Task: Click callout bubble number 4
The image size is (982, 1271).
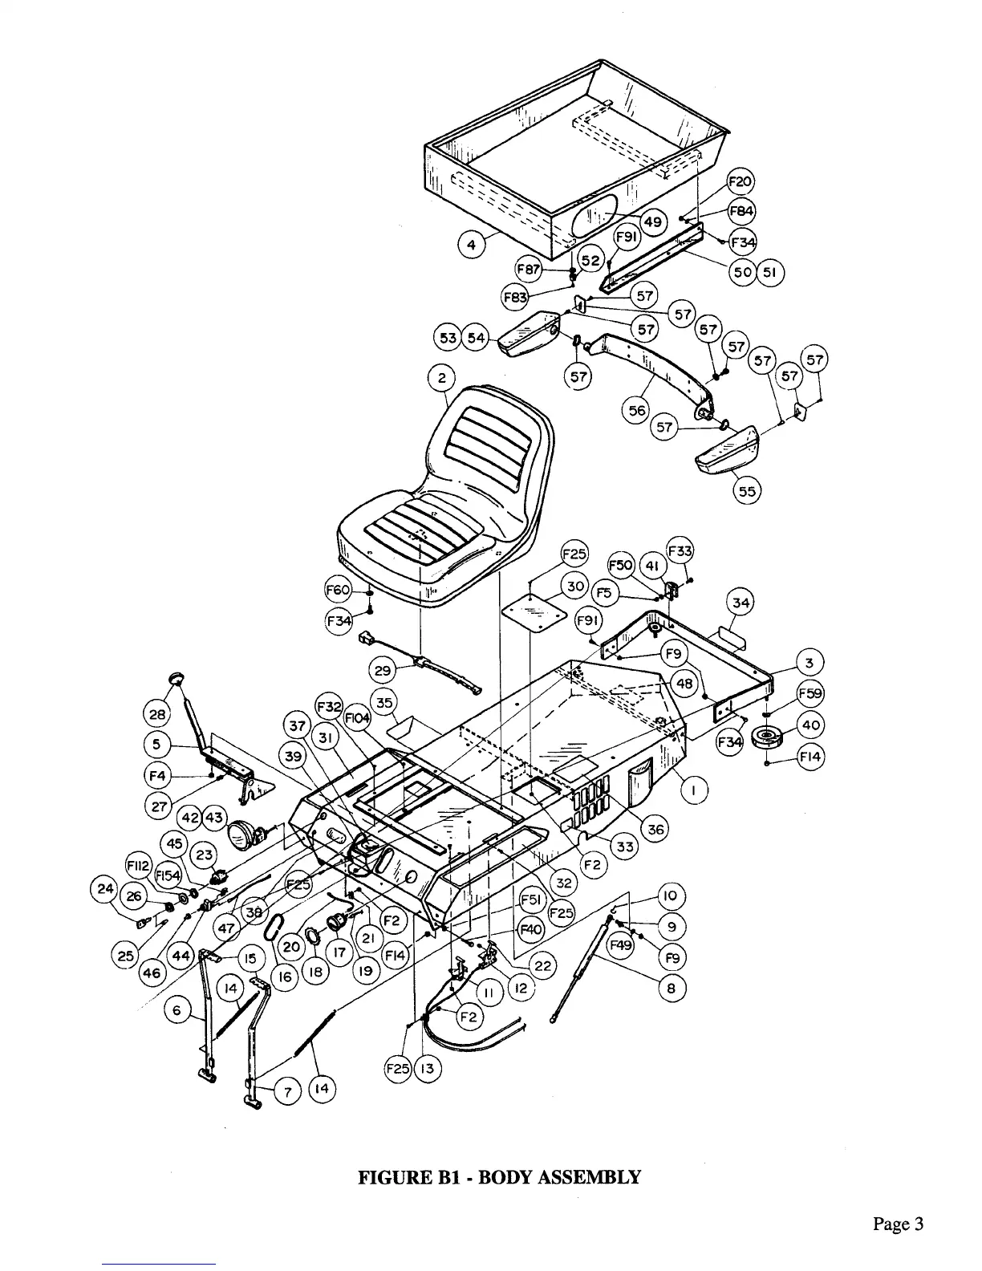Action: pos(472,245)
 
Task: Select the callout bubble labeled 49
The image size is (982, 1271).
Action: pos(653,221)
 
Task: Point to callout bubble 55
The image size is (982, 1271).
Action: pos(748,492)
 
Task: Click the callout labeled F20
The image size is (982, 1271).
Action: pos(740,181)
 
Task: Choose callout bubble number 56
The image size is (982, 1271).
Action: pos(637,410)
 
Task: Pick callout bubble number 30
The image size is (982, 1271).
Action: pos(575,586)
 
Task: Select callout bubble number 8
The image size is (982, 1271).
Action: pos(672,989)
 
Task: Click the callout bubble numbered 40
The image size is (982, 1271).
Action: pos(811,725)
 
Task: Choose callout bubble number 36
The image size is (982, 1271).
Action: pos(655,829)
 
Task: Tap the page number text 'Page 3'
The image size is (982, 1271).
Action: pos(899,1224)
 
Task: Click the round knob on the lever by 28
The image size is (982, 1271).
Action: pos(177,680)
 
